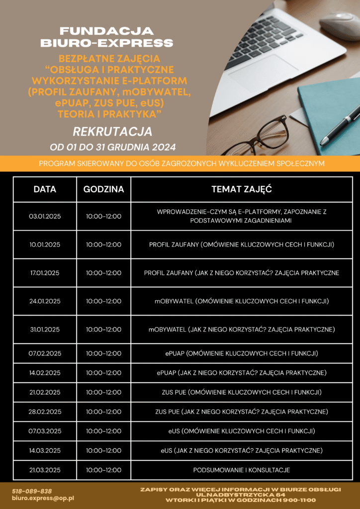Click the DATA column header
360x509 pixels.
point(45,189)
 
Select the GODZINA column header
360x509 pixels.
point(103,189)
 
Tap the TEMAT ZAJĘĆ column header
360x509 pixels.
point(242,189)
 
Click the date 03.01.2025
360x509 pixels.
point(45,216)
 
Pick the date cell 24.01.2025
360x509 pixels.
point(45,301)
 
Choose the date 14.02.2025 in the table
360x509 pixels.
point(45,373)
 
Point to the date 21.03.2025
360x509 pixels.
point(45,470)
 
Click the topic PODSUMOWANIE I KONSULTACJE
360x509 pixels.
point(242,470)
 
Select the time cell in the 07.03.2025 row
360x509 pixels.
point(103,431)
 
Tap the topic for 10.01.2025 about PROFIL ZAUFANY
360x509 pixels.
point(242,245)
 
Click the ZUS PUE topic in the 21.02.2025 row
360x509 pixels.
point(242,392)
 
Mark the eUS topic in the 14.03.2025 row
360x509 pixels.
point(242,450)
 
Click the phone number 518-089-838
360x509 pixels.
point(32,491)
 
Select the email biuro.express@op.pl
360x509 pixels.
point(43,498)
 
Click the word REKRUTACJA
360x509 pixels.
point(112,132)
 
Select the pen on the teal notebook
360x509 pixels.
point(341,124)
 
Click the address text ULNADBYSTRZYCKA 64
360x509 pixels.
point(240,495)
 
